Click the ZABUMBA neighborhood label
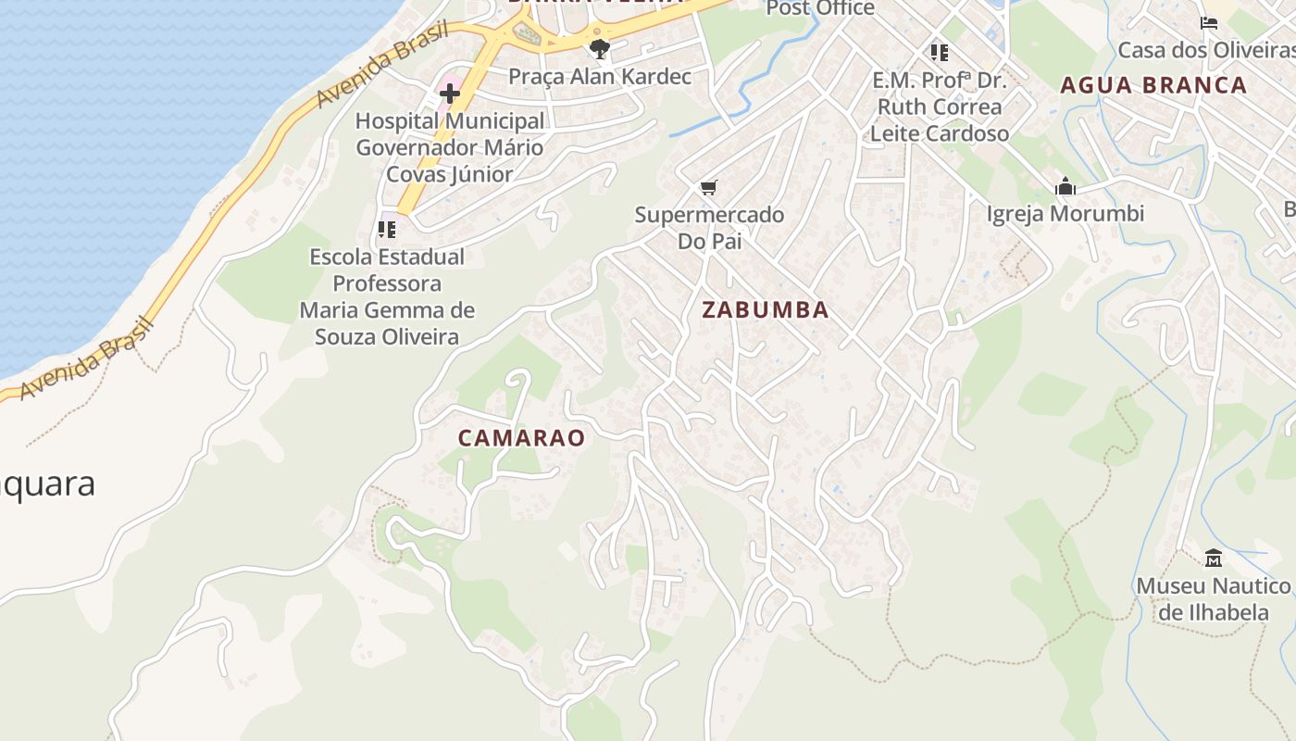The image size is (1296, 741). coord(765,310)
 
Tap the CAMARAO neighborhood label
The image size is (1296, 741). coord(522,438)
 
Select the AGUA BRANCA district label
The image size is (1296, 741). coord(1153,85)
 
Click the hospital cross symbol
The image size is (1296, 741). coord(450,94)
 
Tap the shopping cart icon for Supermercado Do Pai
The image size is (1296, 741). coord(709,188)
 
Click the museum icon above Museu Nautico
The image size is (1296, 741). coord(1214,558)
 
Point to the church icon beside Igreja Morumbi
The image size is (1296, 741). coord(1065,187)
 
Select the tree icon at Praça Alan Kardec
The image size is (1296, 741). coord(600,48)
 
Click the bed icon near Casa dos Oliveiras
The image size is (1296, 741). coord(1209,22)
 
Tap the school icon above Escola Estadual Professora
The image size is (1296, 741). coord(387,229)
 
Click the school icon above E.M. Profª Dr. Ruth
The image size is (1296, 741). coord(940,53)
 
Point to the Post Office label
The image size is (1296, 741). coord(820,8)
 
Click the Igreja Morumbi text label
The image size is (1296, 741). coord(1065,214)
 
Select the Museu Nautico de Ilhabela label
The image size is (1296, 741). coord(1214,599)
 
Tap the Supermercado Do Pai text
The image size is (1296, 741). coord(709,228)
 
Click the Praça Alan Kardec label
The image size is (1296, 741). coord(600,77)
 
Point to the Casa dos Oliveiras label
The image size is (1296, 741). coord(1205,49)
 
